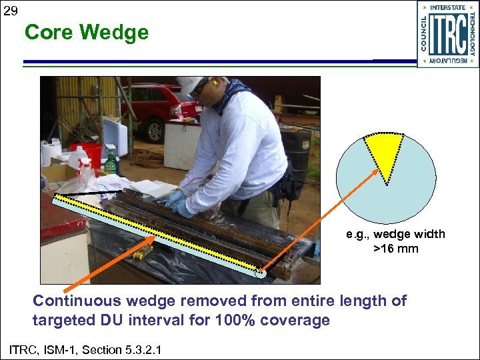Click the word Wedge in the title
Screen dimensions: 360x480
tap(117, 33)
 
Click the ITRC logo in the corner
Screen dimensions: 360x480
tap(447, 34)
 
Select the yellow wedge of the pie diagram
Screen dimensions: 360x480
tap(383, 151)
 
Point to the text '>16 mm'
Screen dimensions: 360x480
tap(395, 249)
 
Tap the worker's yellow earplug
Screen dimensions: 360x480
tap(215, 83)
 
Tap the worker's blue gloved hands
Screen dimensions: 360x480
tap(178, 203)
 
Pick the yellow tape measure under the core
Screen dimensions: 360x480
tap(143, 251)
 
